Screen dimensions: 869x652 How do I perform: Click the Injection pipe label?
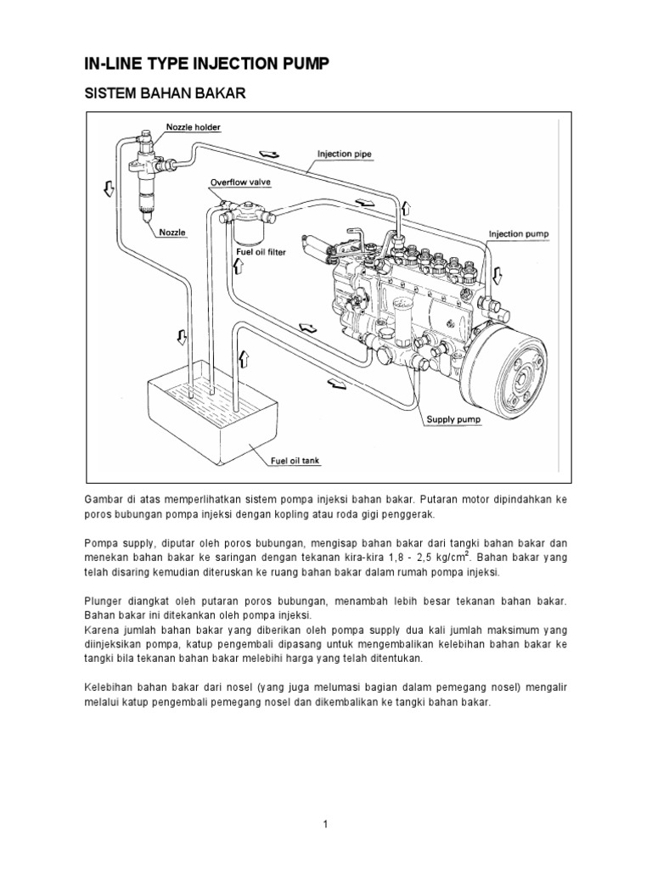pyautogui.click(x=345, y=154)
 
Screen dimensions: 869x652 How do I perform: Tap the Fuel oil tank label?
pyautogui.click(x=294, y=461)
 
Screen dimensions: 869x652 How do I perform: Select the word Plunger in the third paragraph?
pyautogui.click(x=104, y=600)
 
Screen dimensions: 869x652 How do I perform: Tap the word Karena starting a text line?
pyautogui.click(x=102, y=630)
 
